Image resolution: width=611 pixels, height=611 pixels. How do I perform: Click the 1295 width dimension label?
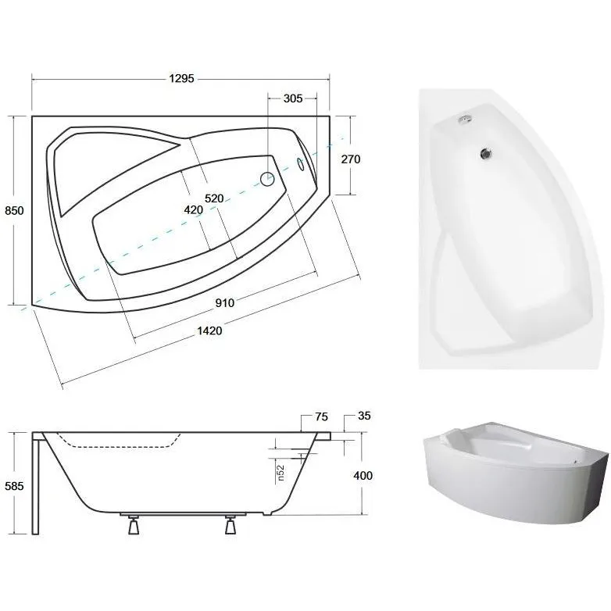point(181,79)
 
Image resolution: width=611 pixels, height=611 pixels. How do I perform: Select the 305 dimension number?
point(293,98)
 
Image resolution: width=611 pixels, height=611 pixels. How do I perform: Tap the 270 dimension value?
point(351,159)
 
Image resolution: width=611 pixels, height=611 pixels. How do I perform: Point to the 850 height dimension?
point(14,211)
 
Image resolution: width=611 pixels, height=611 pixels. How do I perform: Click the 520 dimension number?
point(214,198)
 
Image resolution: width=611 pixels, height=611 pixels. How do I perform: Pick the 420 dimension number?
point(194,210)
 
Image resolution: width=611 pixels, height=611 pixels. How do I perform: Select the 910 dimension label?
point(225,303)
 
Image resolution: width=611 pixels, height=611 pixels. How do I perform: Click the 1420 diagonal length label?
point(209,331)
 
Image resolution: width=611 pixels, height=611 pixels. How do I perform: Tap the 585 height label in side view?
point(14,486)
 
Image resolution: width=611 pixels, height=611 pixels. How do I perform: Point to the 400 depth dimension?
point(363,475)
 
